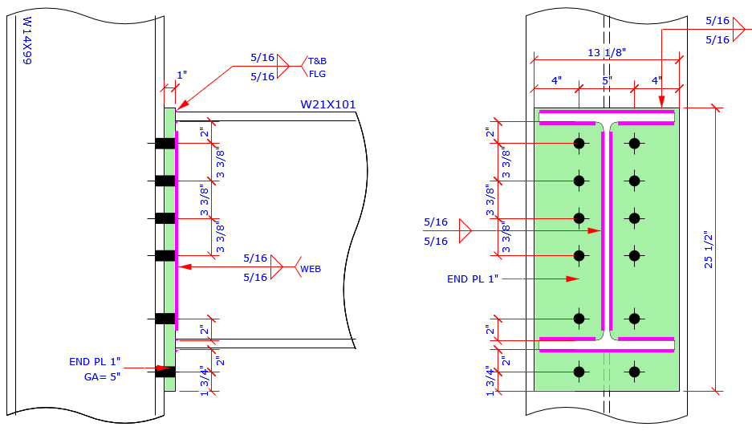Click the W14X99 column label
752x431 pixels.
pos(26,41)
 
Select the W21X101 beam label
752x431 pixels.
pos(327,104)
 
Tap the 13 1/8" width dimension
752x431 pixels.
pos(606,53)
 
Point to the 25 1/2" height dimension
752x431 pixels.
pos(709,250)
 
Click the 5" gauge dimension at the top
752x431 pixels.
pos(607,81)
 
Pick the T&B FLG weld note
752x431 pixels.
pos(318,67)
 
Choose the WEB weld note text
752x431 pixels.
pos(311,269)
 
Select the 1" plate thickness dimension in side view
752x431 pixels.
pos(181,75)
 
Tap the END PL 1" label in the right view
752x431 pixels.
pos(473,279)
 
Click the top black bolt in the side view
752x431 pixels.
pos(165,144)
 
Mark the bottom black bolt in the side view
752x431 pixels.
pos(165,372)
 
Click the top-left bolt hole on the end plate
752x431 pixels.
pos(578,144)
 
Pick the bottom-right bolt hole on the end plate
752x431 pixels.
pos(635,372)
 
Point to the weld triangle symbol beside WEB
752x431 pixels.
pos(276,267)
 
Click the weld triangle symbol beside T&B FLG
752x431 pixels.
pos(282,67)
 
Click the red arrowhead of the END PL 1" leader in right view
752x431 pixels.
pos(572,279)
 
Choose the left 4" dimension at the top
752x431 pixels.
pos(556,81)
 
